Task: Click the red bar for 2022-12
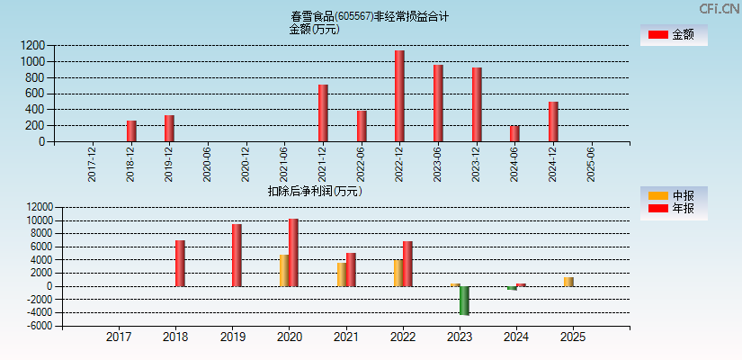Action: tap(399, 96)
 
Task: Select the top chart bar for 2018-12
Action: tap(131, 131)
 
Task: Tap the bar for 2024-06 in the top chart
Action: tap(514, 133)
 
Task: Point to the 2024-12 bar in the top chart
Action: tap(553, 121)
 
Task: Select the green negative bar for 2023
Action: tap(464, 300)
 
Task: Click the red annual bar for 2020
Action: tap(293, 253)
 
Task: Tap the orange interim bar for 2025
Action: tap(568, 282)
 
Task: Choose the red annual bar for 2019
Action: tap(237, 256)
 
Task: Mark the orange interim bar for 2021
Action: tap(342, 274)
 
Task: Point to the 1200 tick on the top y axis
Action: tap(33, 45)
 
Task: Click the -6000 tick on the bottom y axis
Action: tap(38, 326)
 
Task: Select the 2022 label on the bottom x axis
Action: tap(402, 337)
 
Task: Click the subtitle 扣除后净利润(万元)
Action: tap(314, 191)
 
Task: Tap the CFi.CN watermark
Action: tap(719, 9)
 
